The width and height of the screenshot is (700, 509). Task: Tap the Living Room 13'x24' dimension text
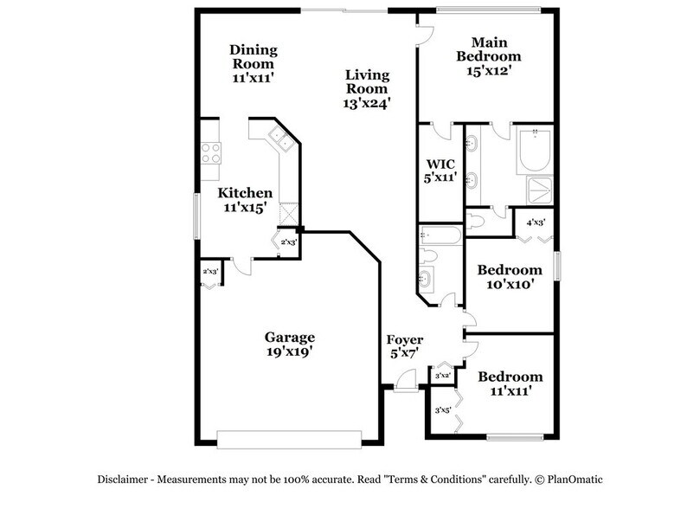click(x=368, y=102)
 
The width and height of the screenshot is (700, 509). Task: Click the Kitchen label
click(x=245, y=193)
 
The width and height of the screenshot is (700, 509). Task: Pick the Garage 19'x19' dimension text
click(x=290, y=352)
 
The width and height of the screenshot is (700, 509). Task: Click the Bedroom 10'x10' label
click(x=510, y=270)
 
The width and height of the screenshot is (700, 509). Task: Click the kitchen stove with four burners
click(x=210, y=152)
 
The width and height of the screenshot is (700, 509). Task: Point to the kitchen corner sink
click(x=279, y=135)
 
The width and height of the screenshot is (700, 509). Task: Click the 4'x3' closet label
click(x=536, y=222)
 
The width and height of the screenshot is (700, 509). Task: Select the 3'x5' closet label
click(x=444, y=410)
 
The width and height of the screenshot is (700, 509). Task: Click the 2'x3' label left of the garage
click(x=209, y=273)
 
